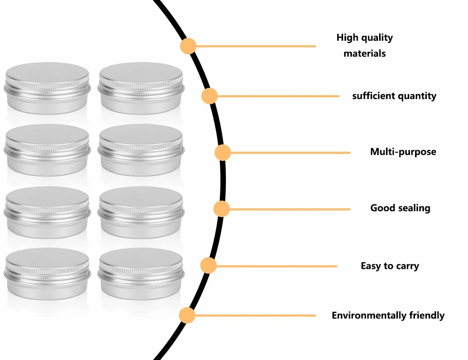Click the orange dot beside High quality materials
[x=188, y=46]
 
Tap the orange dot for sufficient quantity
[x=209, y=96]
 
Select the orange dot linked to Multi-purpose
[x=223, y=153]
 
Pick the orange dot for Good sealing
[x=222, y=209]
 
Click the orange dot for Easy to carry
[x=208, y=266]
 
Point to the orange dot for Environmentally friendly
[x=187, y=316]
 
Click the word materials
[x=364, y=54]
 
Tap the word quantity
[x=417, y=96]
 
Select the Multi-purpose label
[x=403, y=152]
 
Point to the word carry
[x=407, y=266]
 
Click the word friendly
[x=426, y=316]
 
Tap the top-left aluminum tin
[x=47, y=88]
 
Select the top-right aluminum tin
[x=141, y=88]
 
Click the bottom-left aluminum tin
[x=47, y=274]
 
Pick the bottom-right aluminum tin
[x=141, y=274]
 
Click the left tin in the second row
[x=47, y=150]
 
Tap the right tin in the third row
[x=141, y=213]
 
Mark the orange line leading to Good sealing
[x=290, y=209]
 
